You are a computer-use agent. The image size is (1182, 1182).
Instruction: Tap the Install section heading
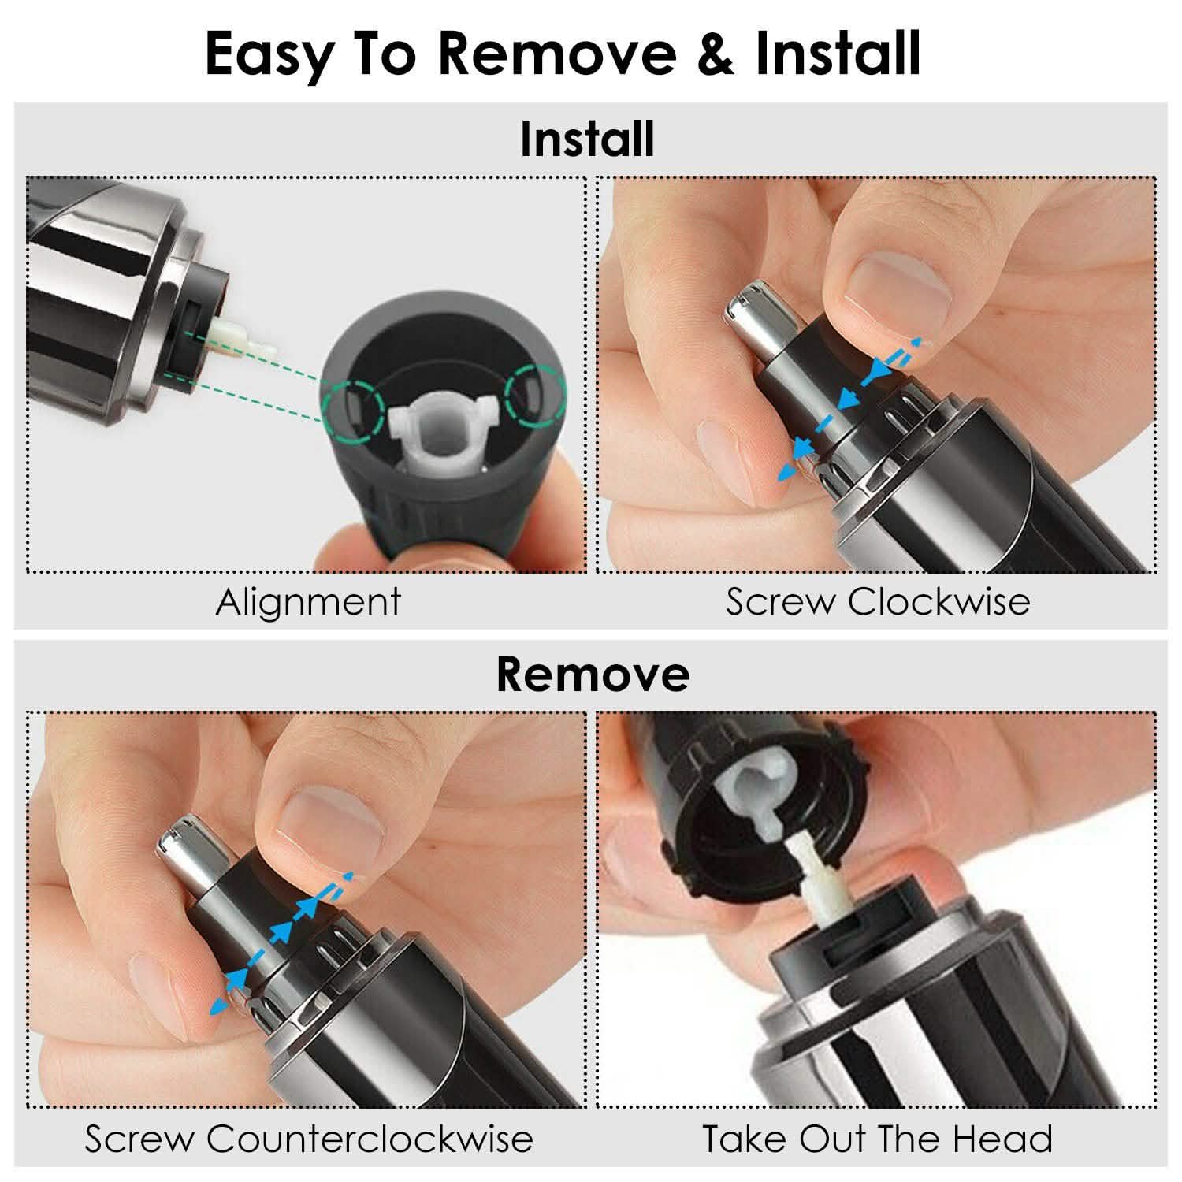click(x=587, y=139)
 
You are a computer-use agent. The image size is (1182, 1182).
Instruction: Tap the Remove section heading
click(x=593, y=675)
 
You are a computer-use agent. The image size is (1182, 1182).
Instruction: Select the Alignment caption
click(x=308, y=602)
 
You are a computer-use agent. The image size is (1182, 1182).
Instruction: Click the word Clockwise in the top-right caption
click(x=939, y=602)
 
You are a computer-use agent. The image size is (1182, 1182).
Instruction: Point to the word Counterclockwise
click(x=370, y=1139)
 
